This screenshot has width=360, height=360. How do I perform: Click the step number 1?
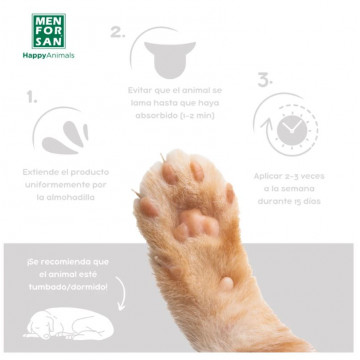tap(32, 98)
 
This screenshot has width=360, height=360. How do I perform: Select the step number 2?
tap(117, 31)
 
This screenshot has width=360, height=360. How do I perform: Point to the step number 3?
tap(264, 79)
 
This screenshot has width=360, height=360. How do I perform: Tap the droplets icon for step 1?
tap(63, 132)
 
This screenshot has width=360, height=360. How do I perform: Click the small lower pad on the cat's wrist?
tap(227, 282)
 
